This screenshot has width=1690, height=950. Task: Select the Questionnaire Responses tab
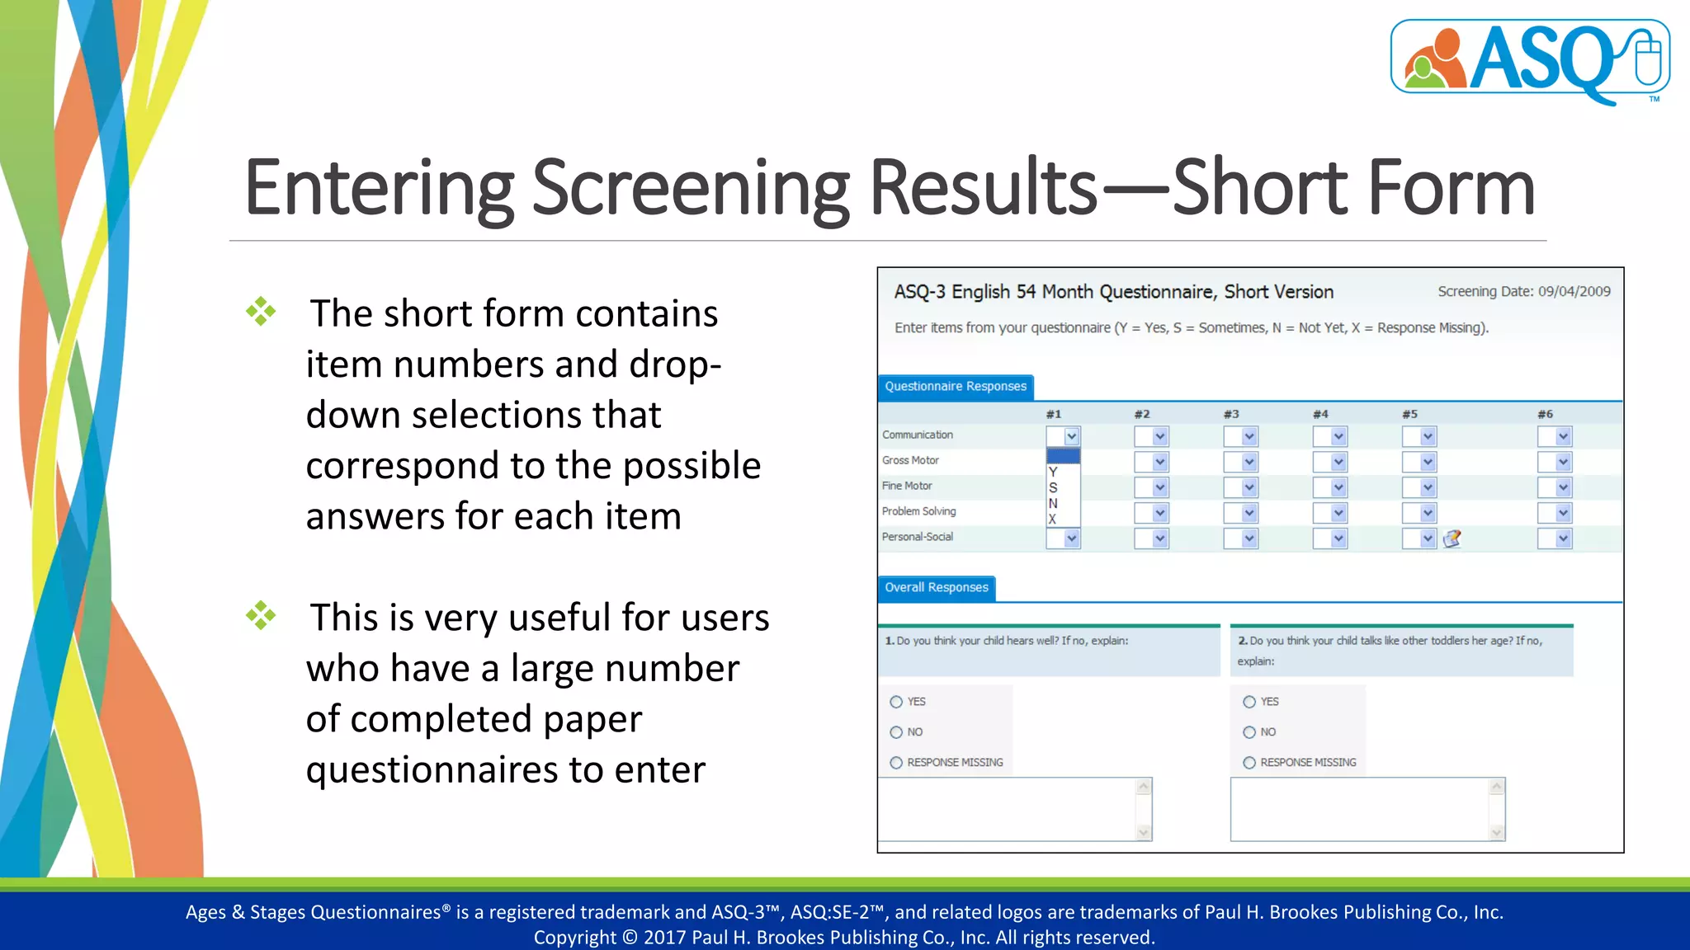pos(955,387)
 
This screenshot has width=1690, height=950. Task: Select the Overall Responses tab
pos(936,588)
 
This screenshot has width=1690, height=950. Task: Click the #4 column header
pos(1320,414)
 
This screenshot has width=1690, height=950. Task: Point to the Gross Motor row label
pos(910,460)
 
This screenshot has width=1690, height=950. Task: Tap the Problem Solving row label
pos(918,511)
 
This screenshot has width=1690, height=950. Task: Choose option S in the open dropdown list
pos(1054,487)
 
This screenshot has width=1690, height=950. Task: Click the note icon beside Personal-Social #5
pos(1452,538)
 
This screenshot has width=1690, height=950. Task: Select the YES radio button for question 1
pos(896,702)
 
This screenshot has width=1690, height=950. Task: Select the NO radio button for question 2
pos(1249,732)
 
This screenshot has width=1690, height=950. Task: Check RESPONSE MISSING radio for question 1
pos(896,763)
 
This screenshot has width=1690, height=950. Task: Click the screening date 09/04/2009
pos(1574,291)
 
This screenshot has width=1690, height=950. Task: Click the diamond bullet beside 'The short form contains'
pos(261,312)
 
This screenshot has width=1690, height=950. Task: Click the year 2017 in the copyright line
pos(664,938)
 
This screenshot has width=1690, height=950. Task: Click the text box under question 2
pos(1359,809)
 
